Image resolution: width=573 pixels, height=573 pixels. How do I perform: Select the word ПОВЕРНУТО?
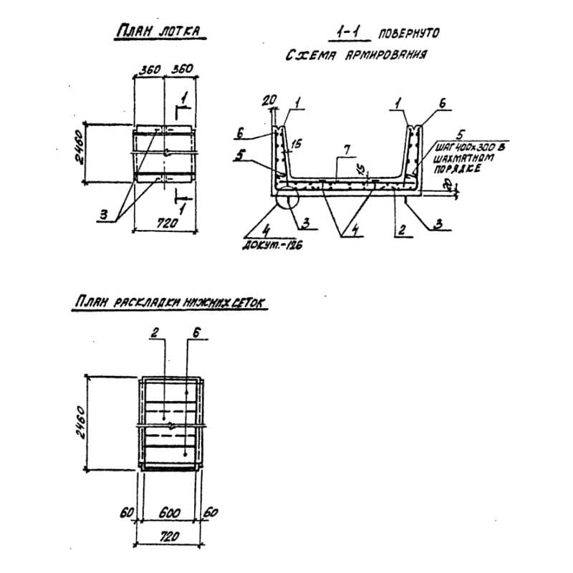pos(408,33)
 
